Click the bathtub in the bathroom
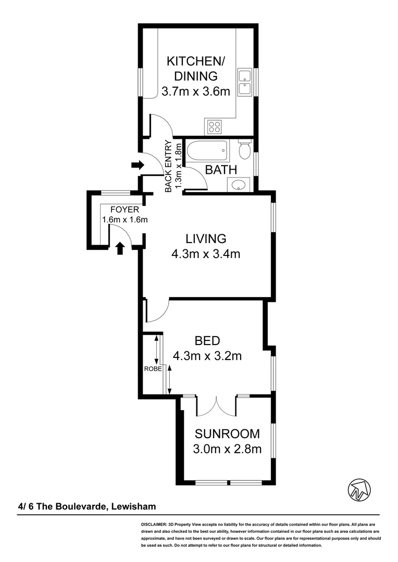207,151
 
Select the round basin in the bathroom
238,184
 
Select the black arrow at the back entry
137,165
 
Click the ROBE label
152,369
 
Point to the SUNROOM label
227,434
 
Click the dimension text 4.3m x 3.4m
206,254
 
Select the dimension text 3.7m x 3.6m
195,92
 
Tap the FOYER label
124,210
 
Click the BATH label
221,170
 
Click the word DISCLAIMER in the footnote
153,525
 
